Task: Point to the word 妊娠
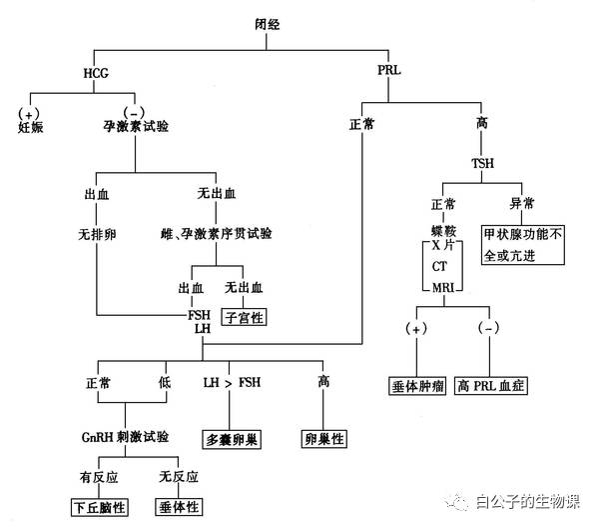32,127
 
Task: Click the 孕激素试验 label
135,127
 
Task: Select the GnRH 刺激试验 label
125,438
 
